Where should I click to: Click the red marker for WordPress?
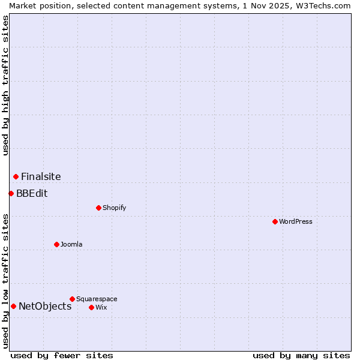tap(275, 221)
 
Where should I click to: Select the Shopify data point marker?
tap(98, 208)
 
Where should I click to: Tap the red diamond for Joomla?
tap(56, 244)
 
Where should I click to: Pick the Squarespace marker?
tap(72, 299)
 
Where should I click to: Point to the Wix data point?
tap(91, 307)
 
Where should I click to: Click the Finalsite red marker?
tap(16, 176)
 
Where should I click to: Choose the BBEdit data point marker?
tap(11, 193)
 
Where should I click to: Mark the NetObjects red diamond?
tap(13, 306)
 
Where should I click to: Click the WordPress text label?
tap(296, 221)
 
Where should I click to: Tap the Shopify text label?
tap(114, 208)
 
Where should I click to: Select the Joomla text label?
tap(71, 244)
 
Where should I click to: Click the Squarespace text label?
tap(97, 299)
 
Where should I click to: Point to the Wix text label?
tap(101, 307)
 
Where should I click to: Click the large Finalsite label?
tap(41, 176)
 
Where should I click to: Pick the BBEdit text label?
tap(32, 193)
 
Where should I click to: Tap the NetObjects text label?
tap(45, 306)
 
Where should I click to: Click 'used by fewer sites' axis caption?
tap(62, 355)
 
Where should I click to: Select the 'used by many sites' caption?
tap(301, 355)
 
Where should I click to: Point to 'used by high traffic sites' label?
tap(5, 85)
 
